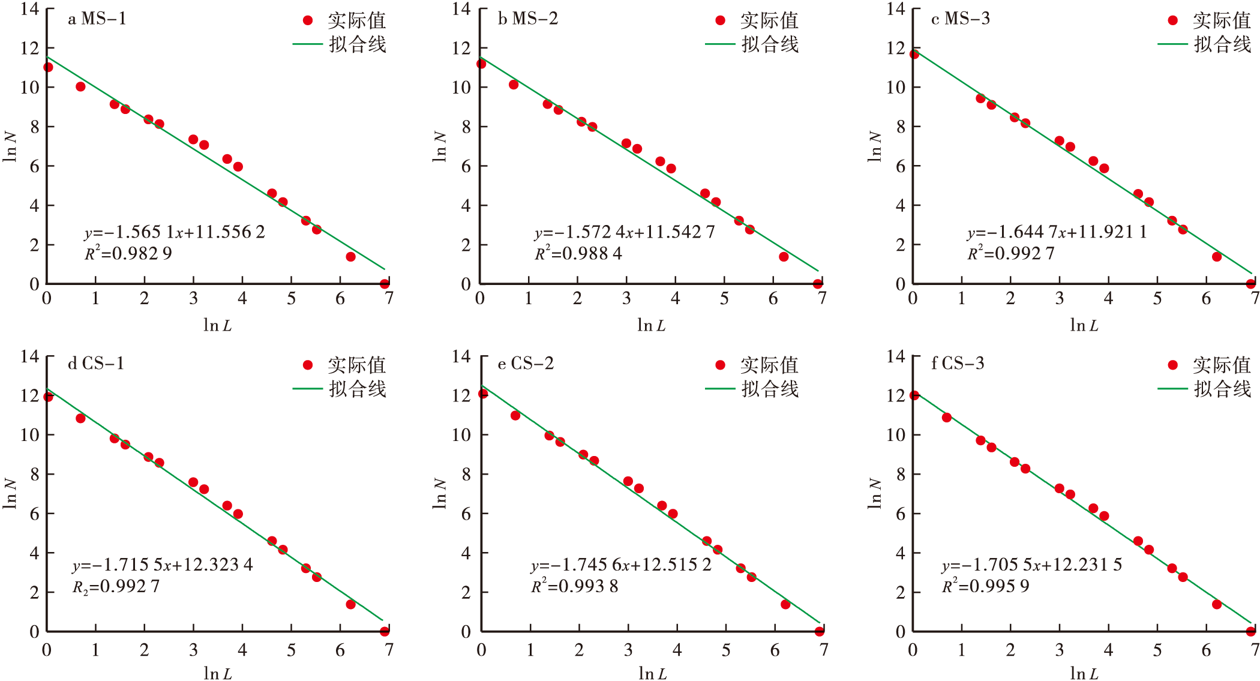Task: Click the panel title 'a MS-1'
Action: (x=97, y=19)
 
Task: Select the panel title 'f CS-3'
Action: (x=958, y=364)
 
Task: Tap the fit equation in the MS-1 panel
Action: (x=175, y=232)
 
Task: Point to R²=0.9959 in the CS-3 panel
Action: (x=985, y=586)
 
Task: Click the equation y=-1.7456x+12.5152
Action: (x=621, y=565)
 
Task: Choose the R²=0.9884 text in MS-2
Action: (x=578, y=254)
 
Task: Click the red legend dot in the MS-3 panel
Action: (x=1173, y=20)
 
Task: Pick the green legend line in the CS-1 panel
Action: (x=308, y=389)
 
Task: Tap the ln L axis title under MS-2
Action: (x=651, y=326)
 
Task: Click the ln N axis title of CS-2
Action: (x=440, y=493)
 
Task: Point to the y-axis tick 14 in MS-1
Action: (x=29, y=9)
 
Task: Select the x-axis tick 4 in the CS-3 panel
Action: (x=1108, y=650)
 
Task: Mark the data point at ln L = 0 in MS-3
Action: (x=914, y=55)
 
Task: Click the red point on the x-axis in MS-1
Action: (x=385, y=284)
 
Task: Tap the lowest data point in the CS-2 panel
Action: (x=820, y=631)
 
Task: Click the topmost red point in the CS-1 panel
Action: (x=48, y=397)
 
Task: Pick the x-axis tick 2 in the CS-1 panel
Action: (x=145, y=650)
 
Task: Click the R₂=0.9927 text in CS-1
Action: (x=116, y=586)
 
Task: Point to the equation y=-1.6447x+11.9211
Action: (x=1057, y=232)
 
